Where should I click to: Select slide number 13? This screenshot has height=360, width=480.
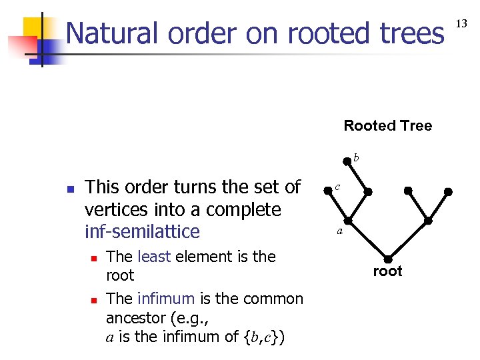point(461,24)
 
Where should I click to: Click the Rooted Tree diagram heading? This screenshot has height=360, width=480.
point(387,125)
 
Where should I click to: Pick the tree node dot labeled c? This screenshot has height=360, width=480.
point(327,191)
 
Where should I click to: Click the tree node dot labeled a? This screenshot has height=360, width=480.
point(347,221)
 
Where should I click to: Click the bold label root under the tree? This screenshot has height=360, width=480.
point(387,271)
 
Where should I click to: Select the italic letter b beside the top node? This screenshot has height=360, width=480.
point(356,157)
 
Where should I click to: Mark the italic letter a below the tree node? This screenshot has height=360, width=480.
point(339,232)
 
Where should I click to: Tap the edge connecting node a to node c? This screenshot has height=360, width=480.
point(337,205)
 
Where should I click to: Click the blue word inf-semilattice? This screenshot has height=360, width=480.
point(142,231)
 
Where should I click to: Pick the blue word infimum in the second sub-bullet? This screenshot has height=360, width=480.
point(165,299)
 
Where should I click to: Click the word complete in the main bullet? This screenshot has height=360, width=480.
point(248,209)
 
